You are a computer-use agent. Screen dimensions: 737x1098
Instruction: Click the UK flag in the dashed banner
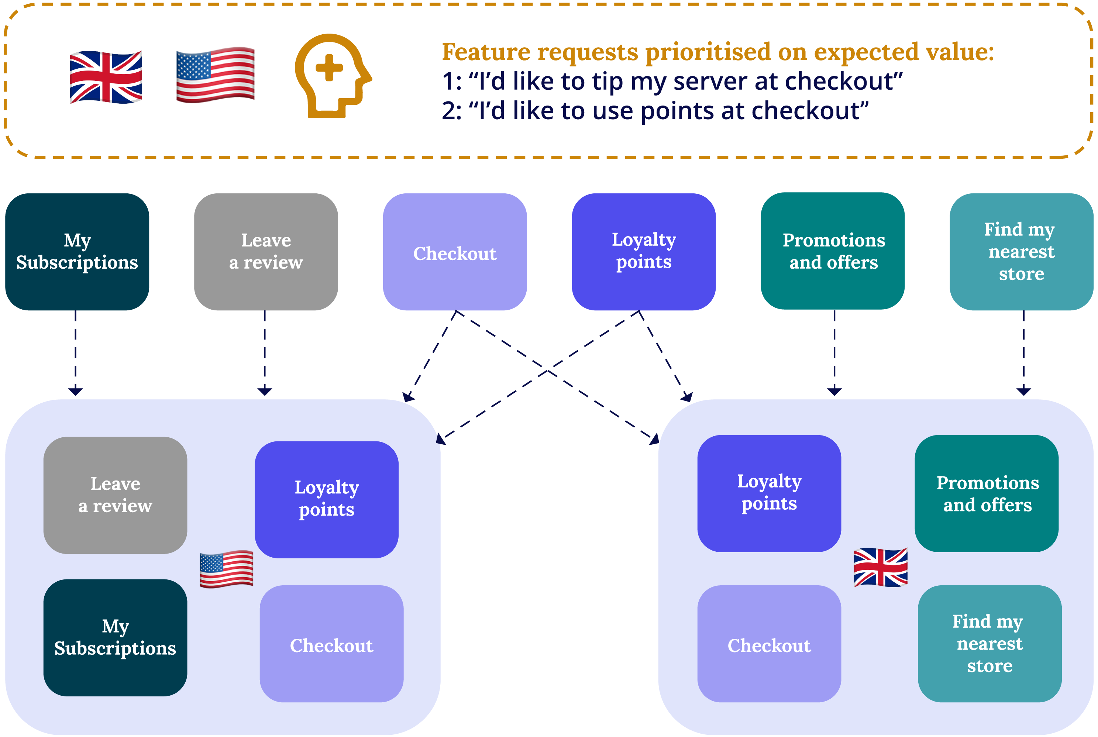106,77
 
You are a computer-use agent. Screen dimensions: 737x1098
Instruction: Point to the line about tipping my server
672,81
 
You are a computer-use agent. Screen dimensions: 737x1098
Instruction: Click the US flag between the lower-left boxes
226,569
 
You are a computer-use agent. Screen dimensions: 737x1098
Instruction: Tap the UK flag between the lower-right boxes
880,567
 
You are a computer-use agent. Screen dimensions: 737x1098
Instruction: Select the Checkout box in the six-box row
455,252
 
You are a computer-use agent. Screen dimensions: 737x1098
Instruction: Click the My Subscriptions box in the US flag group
115,637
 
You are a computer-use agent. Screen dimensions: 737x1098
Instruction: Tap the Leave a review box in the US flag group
115,495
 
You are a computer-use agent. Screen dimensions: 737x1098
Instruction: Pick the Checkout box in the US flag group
331,644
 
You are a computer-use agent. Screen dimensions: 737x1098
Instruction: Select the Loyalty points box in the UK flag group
769,493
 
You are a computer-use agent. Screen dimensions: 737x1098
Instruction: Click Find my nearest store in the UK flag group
989,644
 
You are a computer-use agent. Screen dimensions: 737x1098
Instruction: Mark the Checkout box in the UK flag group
769,644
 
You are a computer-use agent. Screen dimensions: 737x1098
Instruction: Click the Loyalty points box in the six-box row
643,252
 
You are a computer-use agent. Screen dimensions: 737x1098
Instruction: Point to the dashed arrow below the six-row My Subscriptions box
75,352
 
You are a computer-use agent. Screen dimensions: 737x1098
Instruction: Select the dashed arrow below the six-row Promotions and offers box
834,352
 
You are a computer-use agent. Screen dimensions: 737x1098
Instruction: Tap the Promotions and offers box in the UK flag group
986,493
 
